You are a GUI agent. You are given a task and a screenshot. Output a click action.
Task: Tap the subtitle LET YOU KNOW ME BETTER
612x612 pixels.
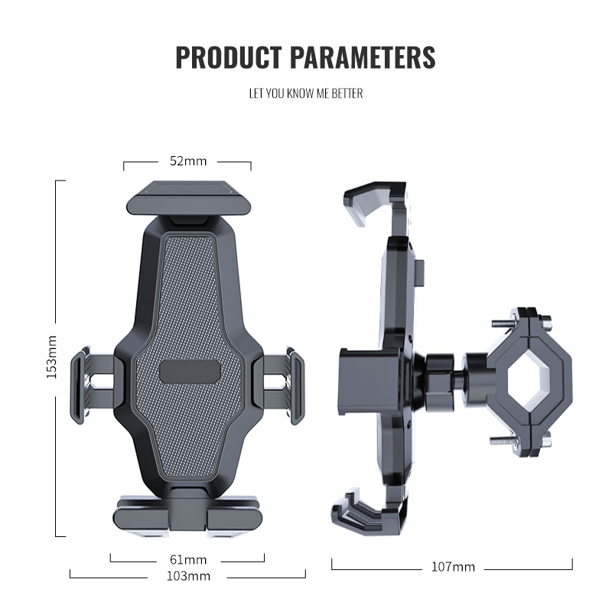(x=305, y=93)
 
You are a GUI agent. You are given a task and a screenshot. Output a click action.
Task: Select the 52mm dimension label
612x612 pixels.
(x=187, y=161)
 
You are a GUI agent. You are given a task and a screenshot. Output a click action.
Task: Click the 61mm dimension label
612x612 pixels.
(x=187, y=559)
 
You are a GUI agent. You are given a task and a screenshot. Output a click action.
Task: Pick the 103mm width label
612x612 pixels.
(x=188, y=575)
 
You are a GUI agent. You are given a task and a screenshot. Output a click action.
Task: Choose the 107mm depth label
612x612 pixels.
(x=452, y=567)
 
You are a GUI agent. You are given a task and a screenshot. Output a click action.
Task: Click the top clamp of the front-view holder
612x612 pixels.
(x=187, y=200)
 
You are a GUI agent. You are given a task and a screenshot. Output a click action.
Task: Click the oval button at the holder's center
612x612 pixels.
(x=190, y=371)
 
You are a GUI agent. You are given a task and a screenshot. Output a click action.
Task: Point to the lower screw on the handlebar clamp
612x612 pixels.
(x=501, y=441)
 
